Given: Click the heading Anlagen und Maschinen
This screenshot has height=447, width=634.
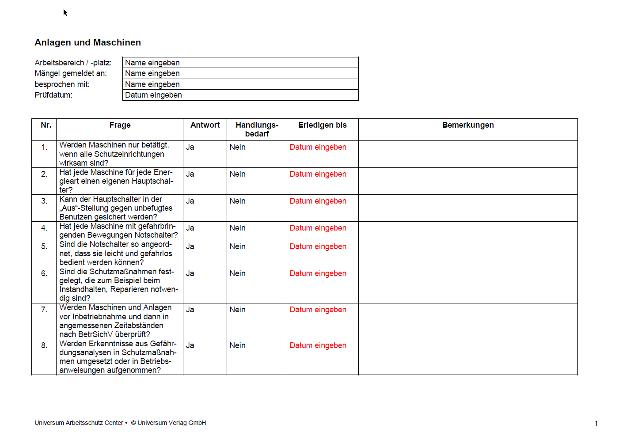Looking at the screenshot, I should (87, 42).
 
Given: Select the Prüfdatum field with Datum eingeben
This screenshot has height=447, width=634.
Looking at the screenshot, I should (240, 95).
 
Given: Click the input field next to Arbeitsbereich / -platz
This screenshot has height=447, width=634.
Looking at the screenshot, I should (240, 63).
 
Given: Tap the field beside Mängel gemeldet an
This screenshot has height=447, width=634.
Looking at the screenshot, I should (240, 73).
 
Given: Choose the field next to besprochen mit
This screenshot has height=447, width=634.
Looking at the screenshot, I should (240, 84).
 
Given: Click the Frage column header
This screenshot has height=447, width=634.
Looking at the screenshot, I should (120, 125).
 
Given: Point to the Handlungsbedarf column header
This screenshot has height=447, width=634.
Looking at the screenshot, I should (257, 129).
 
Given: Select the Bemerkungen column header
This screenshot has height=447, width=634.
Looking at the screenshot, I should (468, 125).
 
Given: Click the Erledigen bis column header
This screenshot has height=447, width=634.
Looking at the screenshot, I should (322, 125).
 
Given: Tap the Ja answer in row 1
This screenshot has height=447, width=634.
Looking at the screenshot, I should (190, 147).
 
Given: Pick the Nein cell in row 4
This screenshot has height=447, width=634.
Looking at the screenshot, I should (237, 228).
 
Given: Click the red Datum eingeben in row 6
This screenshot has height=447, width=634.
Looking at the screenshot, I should (318, 273).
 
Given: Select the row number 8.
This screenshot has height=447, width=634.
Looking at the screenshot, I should (44, 345).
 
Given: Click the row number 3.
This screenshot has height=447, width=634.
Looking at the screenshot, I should (44, 201).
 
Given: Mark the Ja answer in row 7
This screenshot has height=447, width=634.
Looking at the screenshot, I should (190, 310).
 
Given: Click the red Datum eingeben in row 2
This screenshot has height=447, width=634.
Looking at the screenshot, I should (318, 174).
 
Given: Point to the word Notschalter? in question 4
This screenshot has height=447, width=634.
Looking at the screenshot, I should (157, 235).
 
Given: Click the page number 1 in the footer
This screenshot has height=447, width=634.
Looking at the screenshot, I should (596, 424).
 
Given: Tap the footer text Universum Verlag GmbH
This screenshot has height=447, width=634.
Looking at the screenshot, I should (171, 423).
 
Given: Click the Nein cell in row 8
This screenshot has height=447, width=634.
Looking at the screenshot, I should (237, 345).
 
